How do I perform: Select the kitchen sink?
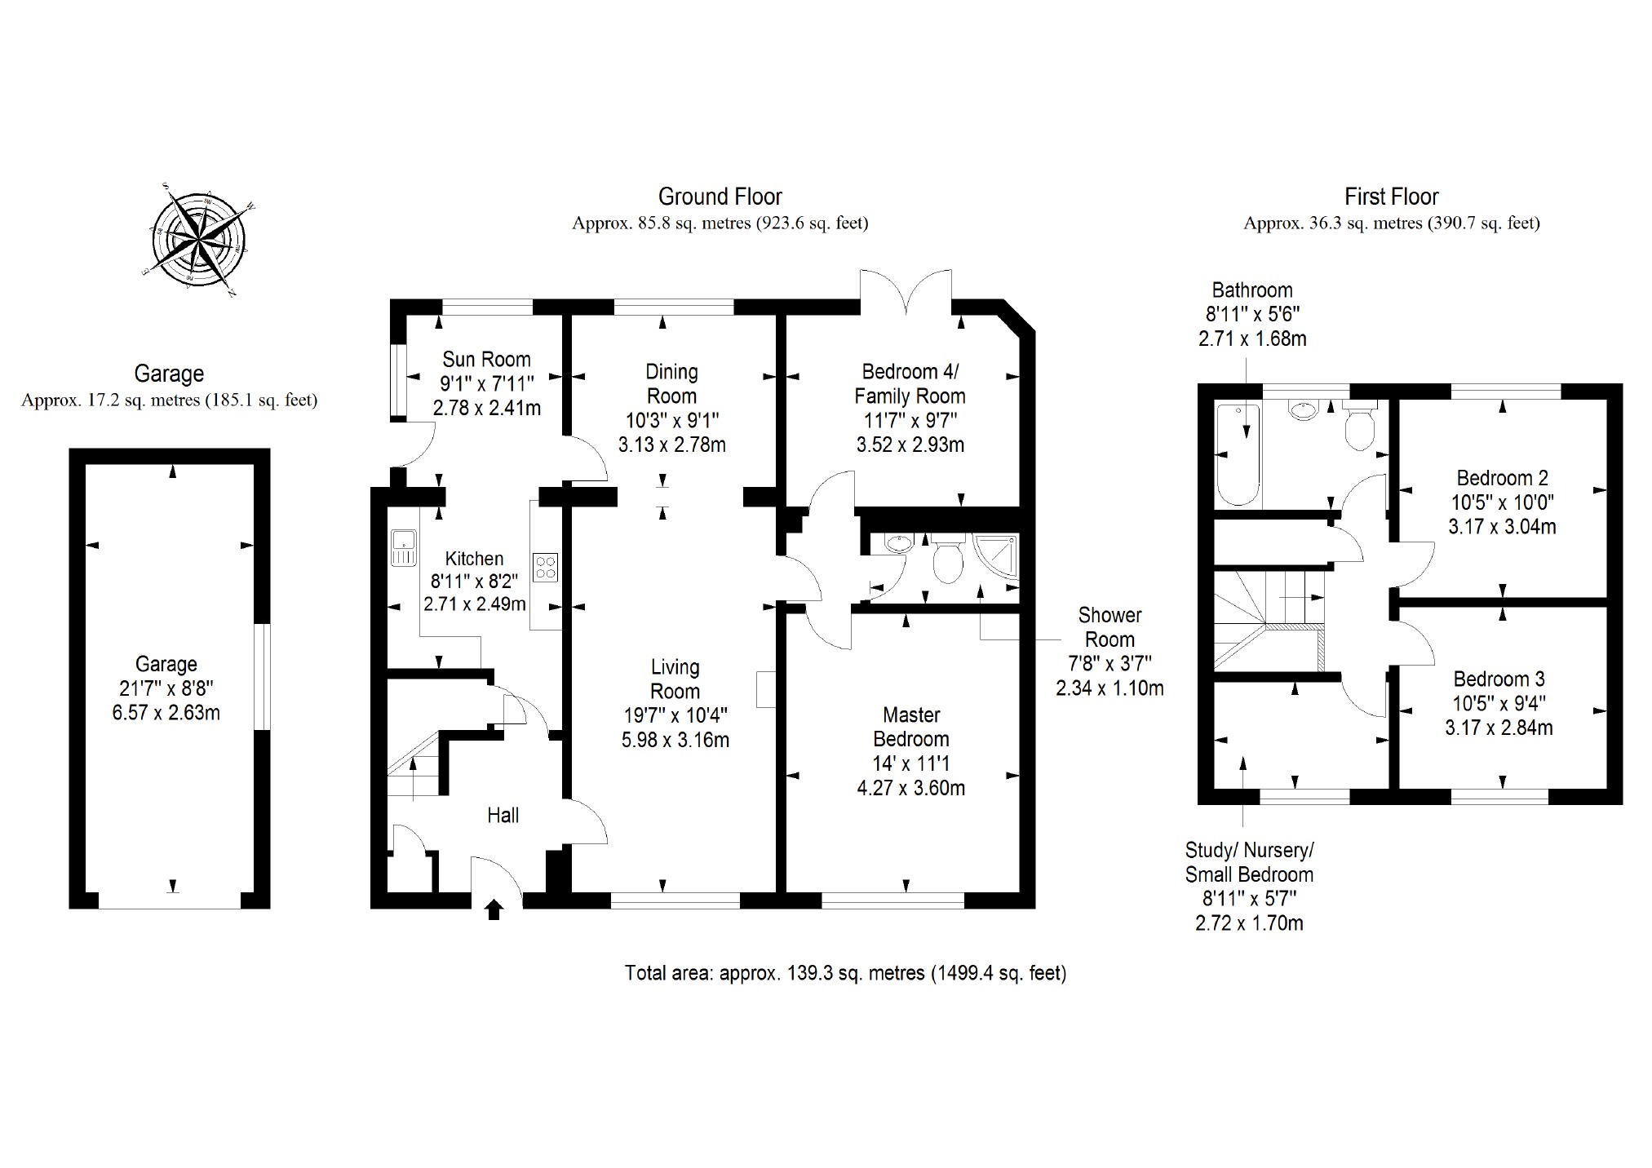click(404, 546)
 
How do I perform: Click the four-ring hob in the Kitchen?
click(546, 567)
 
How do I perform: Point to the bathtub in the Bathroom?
click(1238, 453)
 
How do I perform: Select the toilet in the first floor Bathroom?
click(1358, 426)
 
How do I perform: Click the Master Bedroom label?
click(911, 727)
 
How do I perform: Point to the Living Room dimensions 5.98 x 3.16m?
click(675, 740)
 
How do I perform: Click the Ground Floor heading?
click(720, 197)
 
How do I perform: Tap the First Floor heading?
click(1391, 197)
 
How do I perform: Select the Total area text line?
click(845, 973)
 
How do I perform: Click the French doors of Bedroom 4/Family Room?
click(906, 292)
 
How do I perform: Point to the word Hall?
click(503, 815)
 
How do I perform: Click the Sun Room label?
click(486, 360)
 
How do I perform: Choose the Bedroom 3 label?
click(1499, 679)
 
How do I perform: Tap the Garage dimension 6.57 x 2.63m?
click(166, 712)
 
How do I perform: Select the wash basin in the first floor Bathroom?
click(1303, 409)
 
